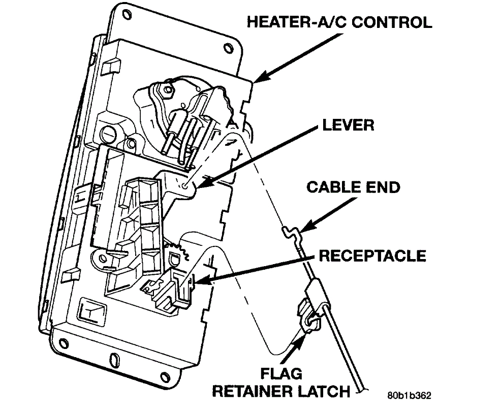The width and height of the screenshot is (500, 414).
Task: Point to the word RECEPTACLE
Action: point(372,255)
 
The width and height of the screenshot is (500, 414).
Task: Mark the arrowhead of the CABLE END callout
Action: point(300,231)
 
